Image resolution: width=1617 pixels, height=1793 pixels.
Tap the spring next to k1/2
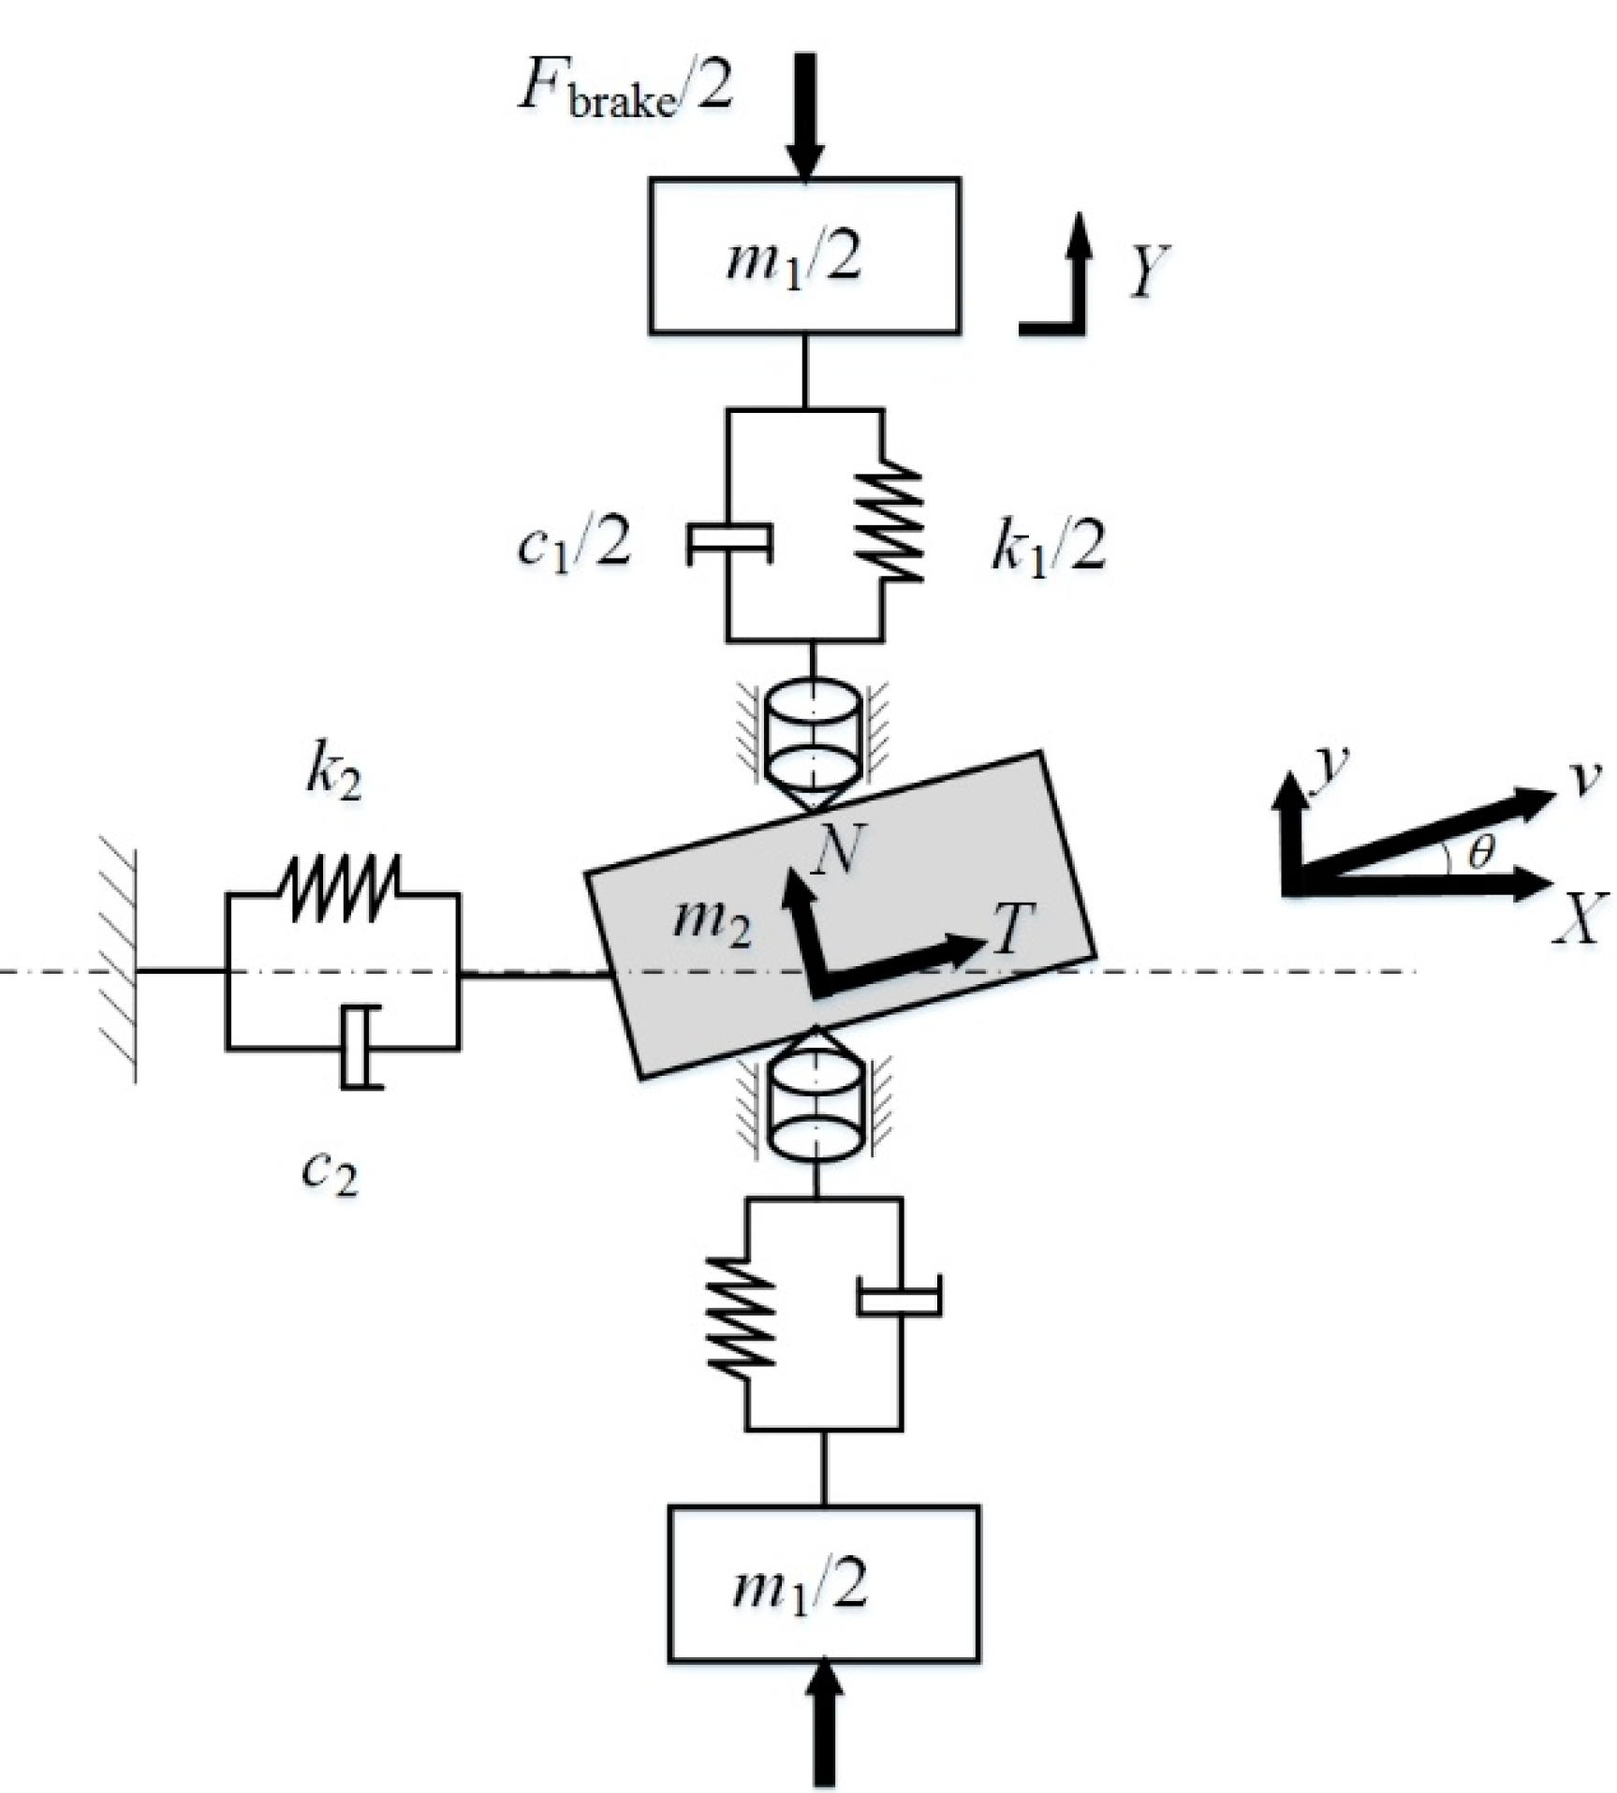click(890, 521)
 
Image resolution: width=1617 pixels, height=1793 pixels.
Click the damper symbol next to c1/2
click(729, 544)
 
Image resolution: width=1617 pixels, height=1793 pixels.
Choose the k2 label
click(333, 773)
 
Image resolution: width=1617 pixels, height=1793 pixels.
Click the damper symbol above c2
click(360, 1047)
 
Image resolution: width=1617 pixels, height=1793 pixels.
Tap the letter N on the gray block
click(836, 848)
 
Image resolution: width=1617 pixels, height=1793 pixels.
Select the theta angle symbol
click(1480, 851)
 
